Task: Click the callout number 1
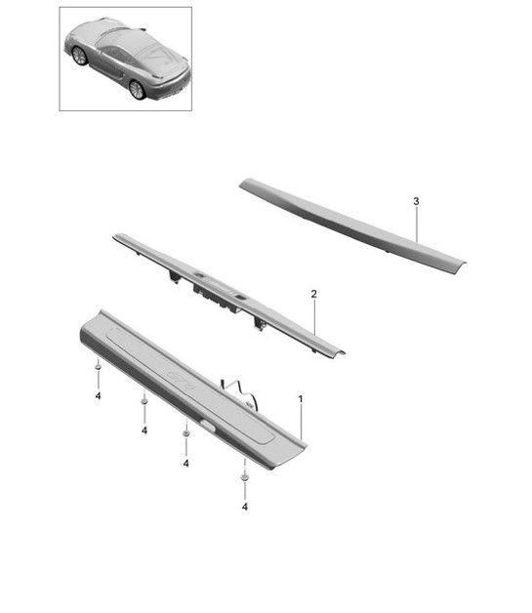(301, 399)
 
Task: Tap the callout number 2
(314, 294)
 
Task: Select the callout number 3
(416, 201)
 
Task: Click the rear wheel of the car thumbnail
(137, 90)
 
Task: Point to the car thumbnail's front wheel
(79, 56)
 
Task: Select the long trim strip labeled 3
(352, 225)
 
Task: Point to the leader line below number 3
(417, 225)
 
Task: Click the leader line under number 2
(314, 317)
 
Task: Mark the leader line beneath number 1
(301, 423)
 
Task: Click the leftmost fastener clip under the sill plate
(99, 366)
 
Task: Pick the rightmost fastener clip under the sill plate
(245, 477)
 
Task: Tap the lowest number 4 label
(245, 507)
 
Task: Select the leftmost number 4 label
(98, 396)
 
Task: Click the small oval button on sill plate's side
(208, 425)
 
